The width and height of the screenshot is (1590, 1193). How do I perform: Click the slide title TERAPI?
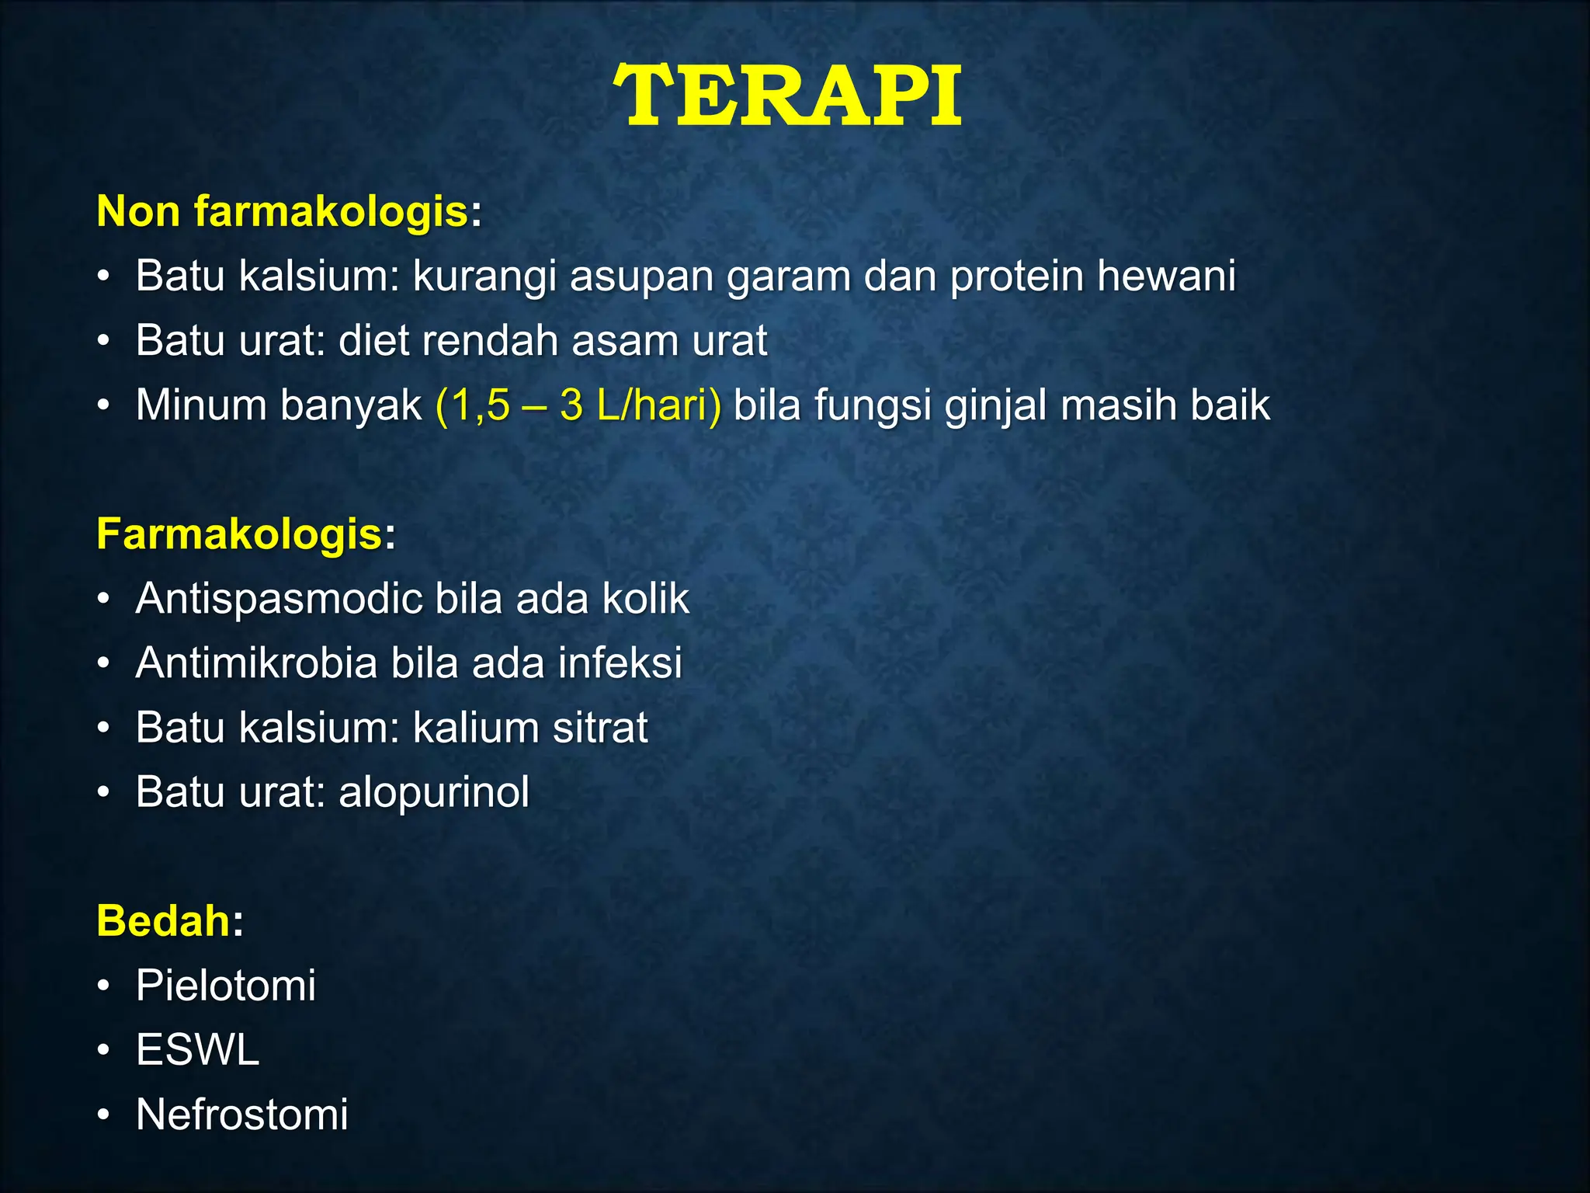tap(787, 96)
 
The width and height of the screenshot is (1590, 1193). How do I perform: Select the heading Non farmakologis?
tap(282, 211)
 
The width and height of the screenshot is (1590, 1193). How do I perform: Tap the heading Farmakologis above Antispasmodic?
tap(239, 534)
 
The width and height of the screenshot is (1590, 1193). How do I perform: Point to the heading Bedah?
tap(163, 921)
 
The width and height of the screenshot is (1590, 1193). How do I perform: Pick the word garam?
tap(788, 277)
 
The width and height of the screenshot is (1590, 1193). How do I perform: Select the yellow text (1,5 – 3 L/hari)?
tap(578, 405)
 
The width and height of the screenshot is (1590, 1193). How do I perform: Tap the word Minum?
tap(201, 405)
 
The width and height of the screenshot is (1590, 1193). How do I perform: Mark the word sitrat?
tap(599, 728)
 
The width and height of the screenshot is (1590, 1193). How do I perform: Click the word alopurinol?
tap(434, 793)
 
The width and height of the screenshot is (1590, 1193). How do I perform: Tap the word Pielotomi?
tap(225, 986)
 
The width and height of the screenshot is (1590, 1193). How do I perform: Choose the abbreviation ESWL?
tap(197, 1050)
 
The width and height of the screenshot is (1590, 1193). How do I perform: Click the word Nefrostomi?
tap(241, 1115)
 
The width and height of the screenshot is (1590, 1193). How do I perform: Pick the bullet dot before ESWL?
tap(104, 1051)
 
